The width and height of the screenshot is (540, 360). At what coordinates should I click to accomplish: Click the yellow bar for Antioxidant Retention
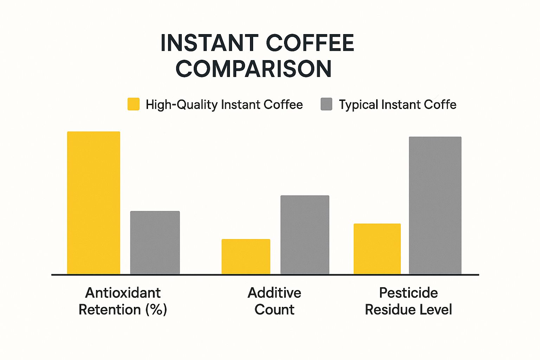[94, 203]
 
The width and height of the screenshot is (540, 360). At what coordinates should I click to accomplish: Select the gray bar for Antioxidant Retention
[155, 243]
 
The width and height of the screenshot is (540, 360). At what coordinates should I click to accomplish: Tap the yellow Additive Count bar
[246, 257]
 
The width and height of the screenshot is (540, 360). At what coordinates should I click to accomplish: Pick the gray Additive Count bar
[305, 235]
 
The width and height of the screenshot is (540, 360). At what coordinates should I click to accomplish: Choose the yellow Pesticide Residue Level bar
[377, 249]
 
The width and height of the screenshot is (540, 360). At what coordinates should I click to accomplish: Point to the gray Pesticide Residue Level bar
[435, 205]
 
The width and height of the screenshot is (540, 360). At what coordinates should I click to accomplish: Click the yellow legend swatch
[134, 104]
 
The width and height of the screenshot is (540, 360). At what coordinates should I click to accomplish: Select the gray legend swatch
[326, 104]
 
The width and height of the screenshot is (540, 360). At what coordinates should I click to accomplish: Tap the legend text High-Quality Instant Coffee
[224, 105]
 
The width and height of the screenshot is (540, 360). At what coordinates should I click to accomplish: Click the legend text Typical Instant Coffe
[398, 105]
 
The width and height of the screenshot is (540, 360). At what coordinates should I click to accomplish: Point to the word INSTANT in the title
[210, 43]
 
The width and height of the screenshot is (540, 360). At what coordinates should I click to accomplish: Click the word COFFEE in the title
[310, 43]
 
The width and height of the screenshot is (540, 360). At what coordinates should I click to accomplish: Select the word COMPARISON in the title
[253, 69]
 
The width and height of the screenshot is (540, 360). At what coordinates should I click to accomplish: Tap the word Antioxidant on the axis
[123, 293]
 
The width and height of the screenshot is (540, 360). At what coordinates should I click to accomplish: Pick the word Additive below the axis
[275, 293]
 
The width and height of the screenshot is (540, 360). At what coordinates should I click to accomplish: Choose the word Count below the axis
[275, 310]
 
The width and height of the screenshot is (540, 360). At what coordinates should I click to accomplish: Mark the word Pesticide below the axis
[409, 293]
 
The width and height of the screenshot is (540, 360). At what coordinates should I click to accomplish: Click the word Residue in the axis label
[390, 310]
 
